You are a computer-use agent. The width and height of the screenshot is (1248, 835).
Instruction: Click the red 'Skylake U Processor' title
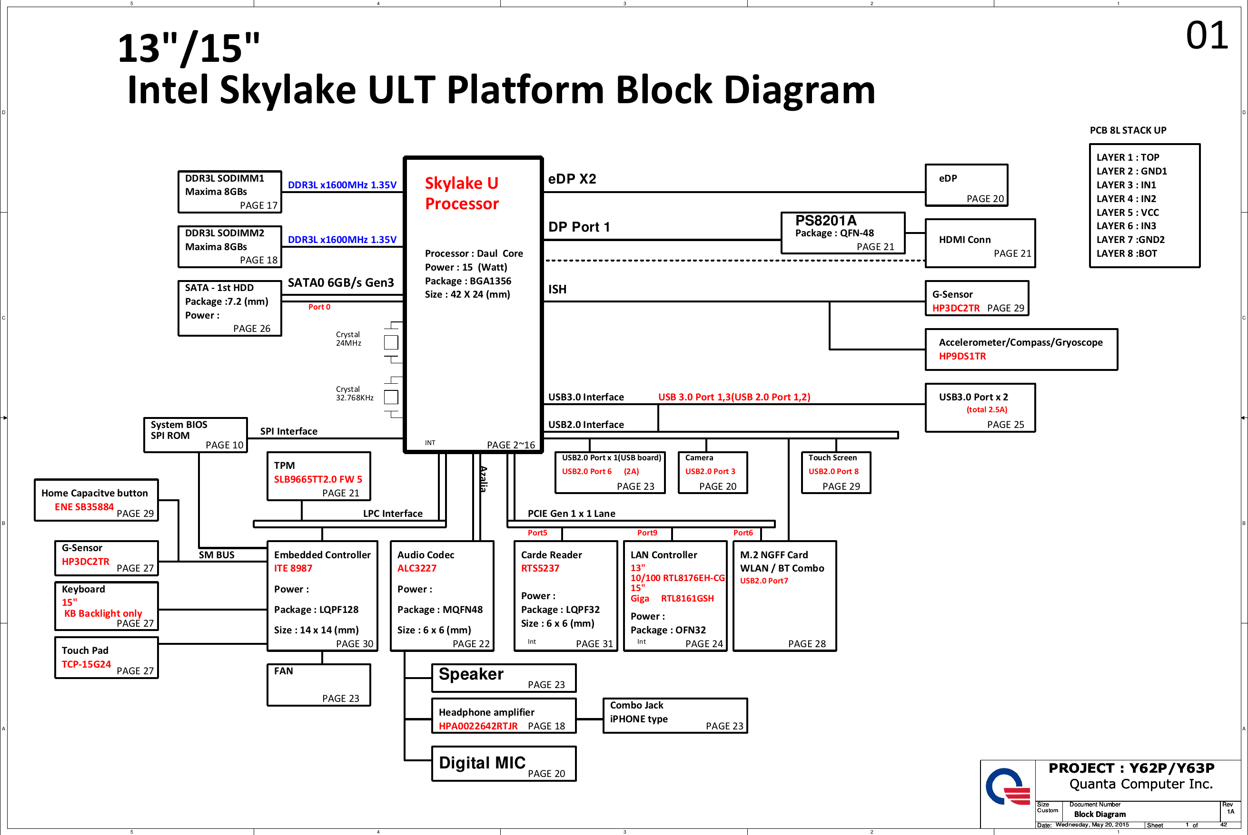[462, 194]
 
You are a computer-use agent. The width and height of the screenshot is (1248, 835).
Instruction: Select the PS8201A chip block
[842, 233]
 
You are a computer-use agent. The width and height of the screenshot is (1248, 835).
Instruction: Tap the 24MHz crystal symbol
[391, 342]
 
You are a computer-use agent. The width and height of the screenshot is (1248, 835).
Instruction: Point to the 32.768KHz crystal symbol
[391, 397]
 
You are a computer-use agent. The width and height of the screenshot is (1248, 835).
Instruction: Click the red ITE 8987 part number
[293, 568]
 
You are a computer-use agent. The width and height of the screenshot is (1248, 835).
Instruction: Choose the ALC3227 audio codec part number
[416, 568]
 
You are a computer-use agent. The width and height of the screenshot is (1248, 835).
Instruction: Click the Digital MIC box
[504, 764]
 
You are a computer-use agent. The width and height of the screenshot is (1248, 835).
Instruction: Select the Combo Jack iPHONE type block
[674, 716]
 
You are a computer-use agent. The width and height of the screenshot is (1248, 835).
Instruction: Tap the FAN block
[318, 685]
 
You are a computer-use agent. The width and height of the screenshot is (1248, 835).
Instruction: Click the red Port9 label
[647, 533]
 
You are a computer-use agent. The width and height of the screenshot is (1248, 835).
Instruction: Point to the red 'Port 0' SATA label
[319, 307]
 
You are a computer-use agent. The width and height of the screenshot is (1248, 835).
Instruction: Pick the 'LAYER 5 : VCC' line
[1128, 213]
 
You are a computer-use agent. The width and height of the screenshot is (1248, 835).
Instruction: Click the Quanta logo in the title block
[1007, 786]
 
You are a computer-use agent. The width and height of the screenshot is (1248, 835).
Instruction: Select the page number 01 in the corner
[1207, 36]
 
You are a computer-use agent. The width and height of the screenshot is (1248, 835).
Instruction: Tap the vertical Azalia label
[483, 479]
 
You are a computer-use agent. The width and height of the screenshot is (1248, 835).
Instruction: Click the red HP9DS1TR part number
[962, 356]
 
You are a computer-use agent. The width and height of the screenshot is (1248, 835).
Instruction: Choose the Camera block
[713, 472]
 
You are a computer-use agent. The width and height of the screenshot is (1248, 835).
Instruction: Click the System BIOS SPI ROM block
[196, 435]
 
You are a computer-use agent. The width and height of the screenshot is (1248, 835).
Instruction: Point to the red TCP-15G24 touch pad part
[86, 664]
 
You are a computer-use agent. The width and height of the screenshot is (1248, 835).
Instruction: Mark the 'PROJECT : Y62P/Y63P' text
[1131, 768]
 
